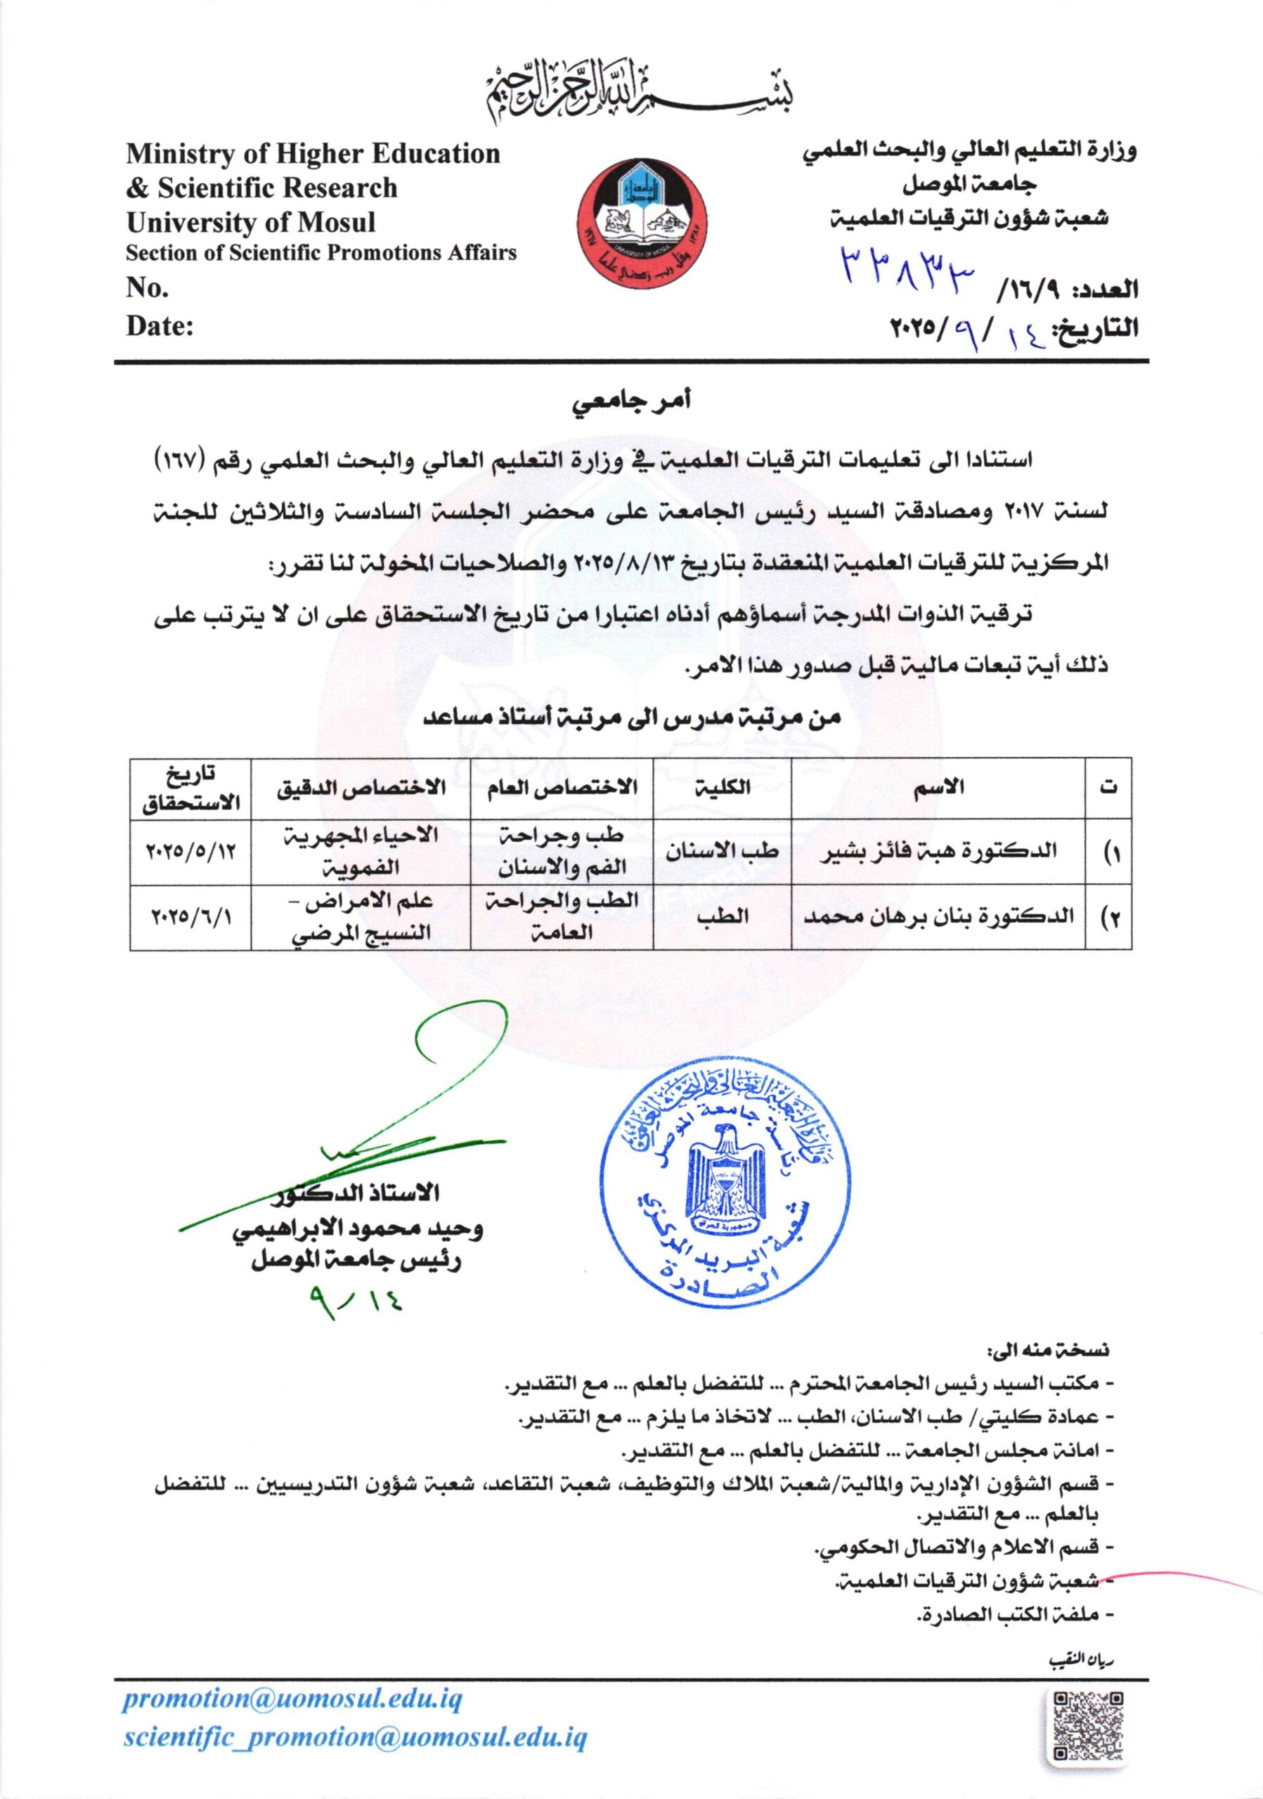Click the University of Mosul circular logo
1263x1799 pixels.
(642, 226)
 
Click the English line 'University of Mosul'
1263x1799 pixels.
(251, 223)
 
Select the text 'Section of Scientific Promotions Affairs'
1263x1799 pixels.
(321, 253)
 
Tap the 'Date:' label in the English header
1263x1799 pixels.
(160, 326)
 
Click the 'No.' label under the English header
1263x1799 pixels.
(148, 288)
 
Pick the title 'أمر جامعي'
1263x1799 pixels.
(630, 405)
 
